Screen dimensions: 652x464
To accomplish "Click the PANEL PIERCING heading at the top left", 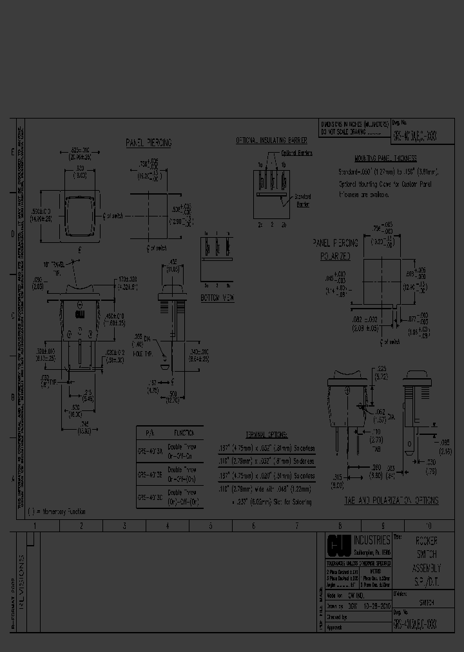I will click(x=149, y=143).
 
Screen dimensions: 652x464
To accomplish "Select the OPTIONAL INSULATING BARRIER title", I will click(x=270, y=140).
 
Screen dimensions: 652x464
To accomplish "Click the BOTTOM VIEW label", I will click(x=217, y=298).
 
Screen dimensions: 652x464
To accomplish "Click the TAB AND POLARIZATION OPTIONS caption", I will click(x=392, y=500).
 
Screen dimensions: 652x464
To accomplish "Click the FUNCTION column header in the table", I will click(x=185, y=433).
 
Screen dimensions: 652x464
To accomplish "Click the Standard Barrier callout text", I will click(x=302, y=200).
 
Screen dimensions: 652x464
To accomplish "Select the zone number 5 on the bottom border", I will click(x=211, y=526).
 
